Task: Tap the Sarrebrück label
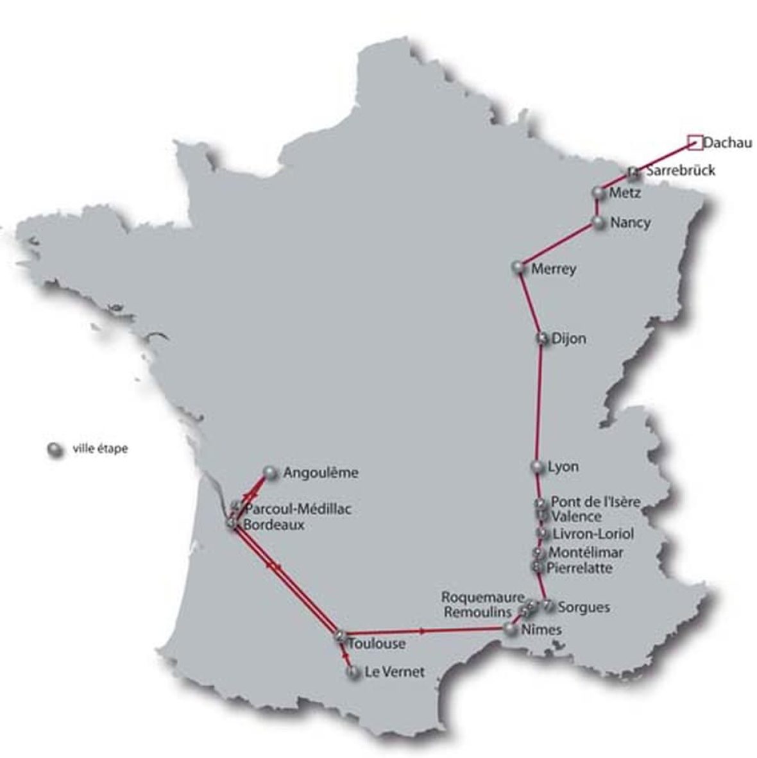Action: pyautogui.click(x=680, y=171)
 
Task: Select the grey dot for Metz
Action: pyautogui.click(x=599, y=192)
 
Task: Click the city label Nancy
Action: pyautogui.click(x=630, y=223)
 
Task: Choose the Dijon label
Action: pyautogui.click(x=568, y=338)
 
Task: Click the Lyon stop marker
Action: pyautogui.click(x=537, y=466)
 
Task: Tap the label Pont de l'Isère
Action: pyautogui.click(x=595, y=501)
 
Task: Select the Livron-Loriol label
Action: pyautogui.click(x=593, y=534)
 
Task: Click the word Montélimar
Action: pyautogui.click(x=586, y=552)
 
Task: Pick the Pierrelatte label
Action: pyautogui.click(x=579, y=568)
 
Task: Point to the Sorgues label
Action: pyautogui.click(x=584, y=607)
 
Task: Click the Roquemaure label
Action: pyautogui.click(x=482, y=597)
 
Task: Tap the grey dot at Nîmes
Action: pyautogui.click(x=511, y=630)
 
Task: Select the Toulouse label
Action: pyautogui.click(x=377, y=643)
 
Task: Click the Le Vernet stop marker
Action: pyautogui.click(x=352, y=672)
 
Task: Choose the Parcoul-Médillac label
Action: pyautogui.click(x=298, y=509)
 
